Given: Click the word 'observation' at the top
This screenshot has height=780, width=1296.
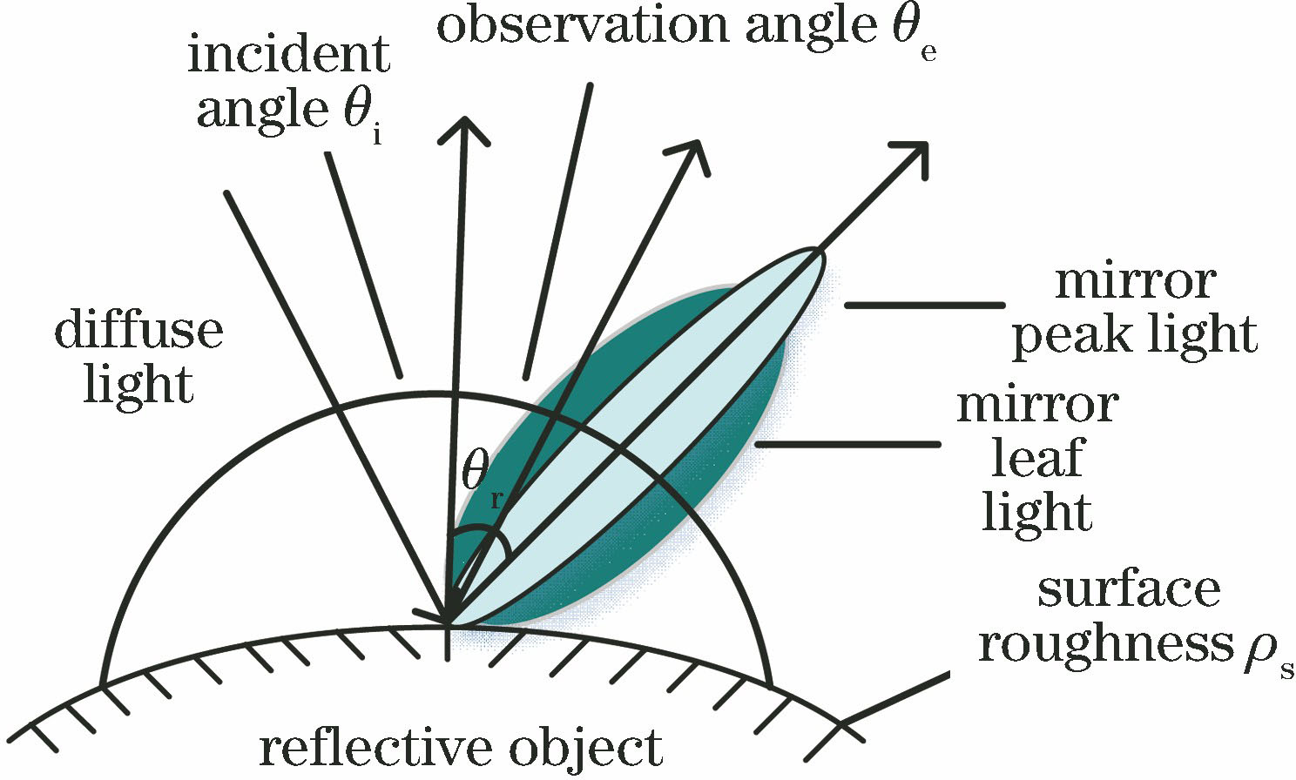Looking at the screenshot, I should [583, 26].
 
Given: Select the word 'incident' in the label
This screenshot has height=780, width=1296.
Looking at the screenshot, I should [288, 57].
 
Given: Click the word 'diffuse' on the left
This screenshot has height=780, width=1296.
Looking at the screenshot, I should [139, 331].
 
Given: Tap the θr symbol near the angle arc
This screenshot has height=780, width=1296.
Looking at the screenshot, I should [482, 480].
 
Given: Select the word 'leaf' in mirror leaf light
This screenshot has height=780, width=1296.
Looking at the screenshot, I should [1036, 459].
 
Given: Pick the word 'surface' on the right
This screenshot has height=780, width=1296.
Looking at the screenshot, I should [1129, 590].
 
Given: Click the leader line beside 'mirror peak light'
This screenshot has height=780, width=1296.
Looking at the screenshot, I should [923, 305].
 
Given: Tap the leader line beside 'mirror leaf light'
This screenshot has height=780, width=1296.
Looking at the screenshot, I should [847, 444].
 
